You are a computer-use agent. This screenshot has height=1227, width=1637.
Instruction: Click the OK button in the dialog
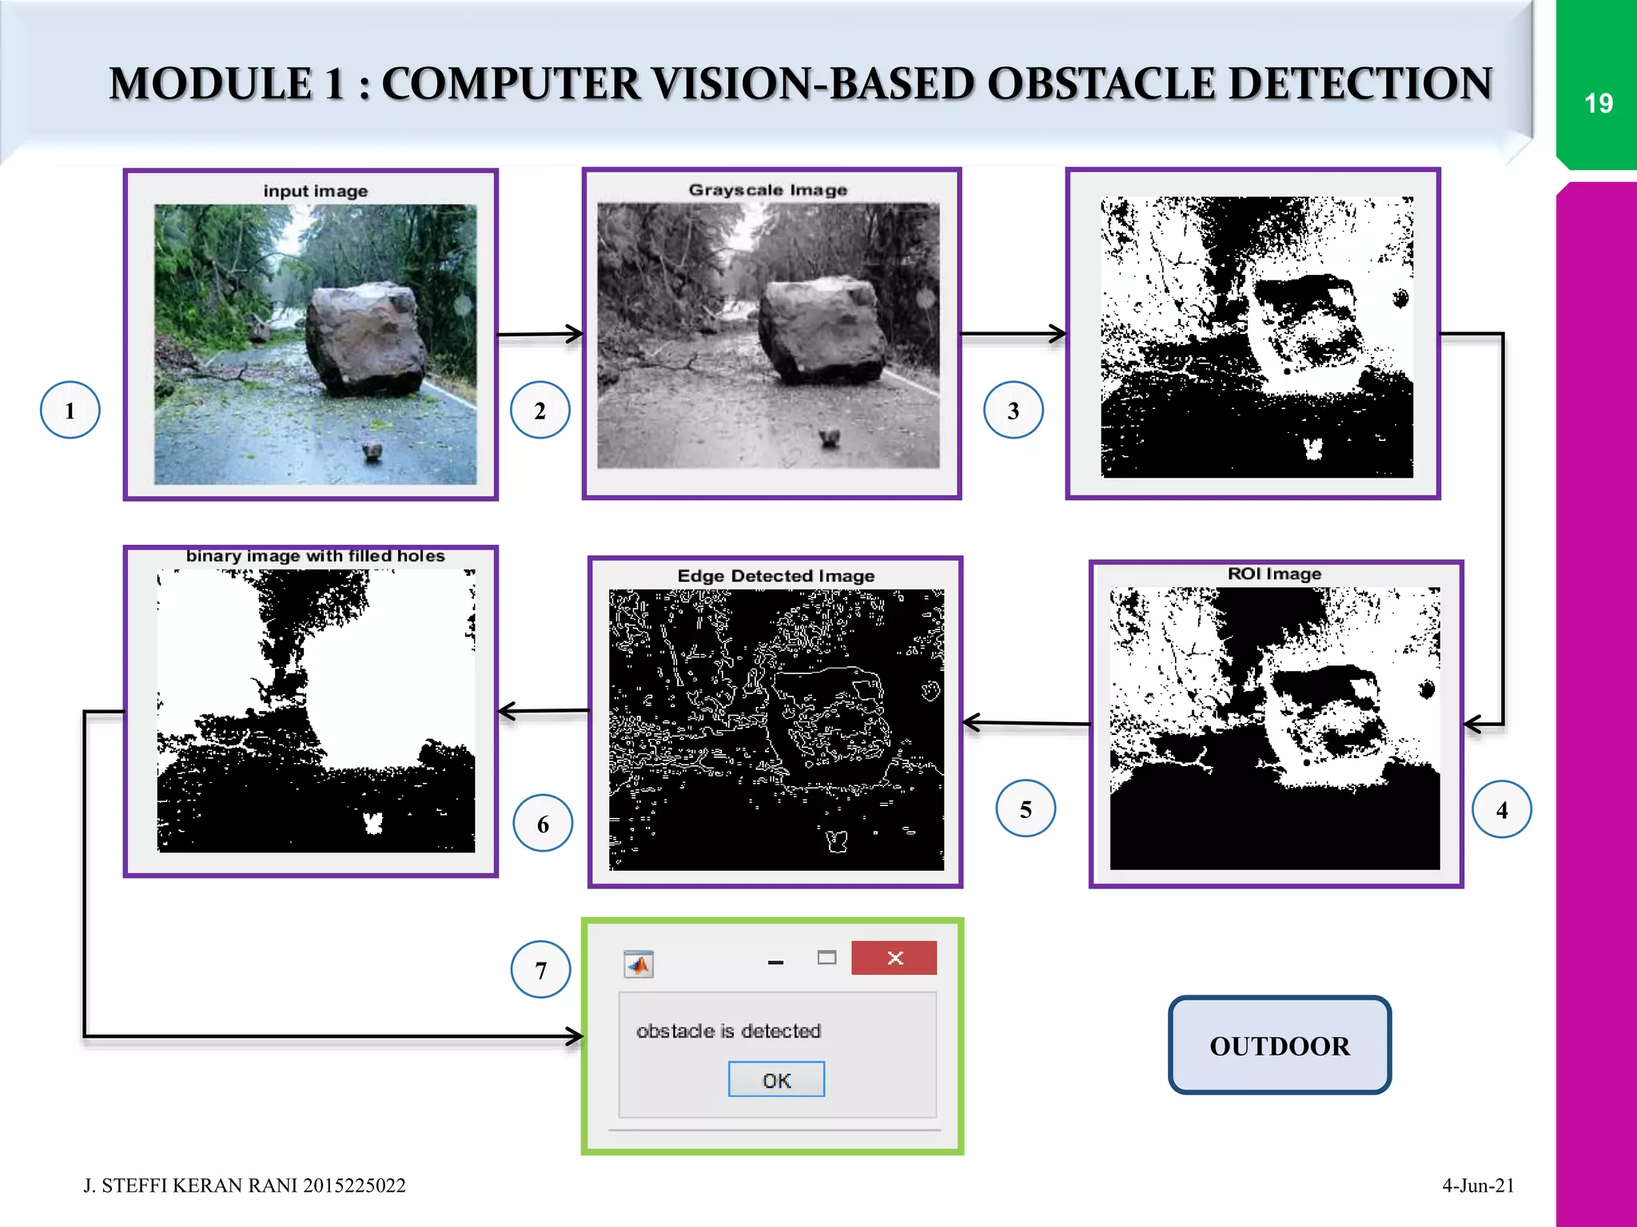[x=776, y=1080]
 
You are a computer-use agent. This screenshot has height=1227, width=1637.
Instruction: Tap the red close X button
[x=894, y=958]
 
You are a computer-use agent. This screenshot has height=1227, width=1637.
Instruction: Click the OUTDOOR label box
[x=1279, y=1046]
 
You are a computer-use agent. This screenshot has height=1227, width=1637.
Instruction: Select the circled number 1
[x=70, y=411]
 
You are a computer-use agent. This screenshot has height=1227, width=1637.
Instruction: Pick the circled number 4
[x=1502, y=810]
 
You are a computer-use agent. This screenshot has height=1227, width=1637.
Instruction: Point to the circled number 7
[x=541, y=970]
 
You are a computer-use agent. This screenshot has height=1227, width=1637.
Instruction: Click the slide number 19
[x=1598, y=104]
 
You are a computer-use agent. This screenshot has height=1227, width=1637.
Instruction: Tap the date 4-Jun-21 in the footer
[x=1478, y=1185]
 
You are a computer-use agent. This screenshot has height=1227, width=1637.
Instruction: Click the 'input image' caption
[x=316, y=191]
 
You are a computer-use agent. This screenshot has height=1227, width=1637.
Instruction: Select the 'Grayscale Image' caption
[x=767, y=190]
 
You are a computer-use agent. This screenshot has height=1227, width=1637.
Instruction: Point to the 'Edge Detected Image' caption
[x=775, y=576]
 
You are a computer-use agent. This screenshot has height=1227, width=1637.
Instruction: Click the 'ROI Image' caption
[x=1274, y=574]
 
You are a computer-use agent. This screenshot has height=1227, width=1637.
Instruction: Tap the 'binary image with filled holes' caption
[x=315, y=556]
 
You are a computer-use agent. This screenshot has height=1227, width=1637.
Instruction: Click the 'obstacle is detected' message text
[x=728, y=1031]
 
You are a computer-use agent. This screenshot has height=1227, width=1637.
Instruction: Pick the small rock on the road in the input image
[x=372, y=451]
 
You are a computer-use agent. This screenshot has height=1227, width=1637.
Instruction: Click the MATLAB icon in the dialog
[x=639, y=965]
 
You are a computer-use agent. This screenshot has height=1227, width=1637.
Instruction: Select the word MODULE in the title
[x=211, y=84]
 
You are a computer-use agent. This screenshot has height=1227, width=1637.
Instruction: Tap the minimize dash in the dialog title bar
[x=775, y=963]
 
